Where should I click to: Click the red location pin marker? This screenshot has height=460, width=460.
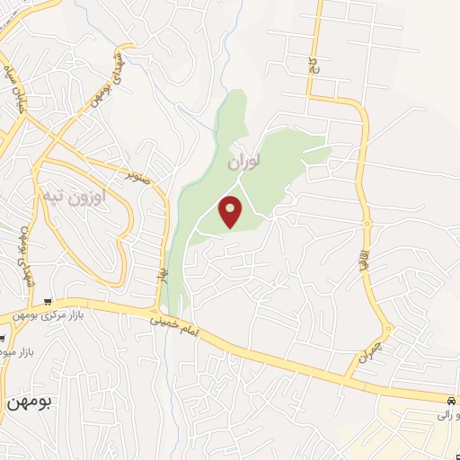coord(232,211)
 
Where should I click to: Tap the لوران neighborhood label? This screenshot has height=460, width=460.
coord(243,163)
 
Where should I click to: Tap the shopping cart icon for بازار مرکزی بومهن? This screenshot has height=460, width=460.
coord(58,303)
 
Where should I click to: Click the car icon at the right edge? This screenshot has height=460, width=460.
coord(450,399)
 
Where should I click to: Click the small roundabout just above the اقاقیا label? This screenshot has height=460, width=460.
coord(367,224)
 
